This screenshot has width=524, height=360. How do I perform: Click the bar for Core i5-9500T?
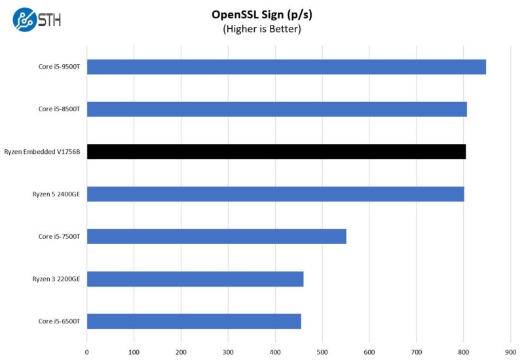pyautogui.click(x=286, y=67)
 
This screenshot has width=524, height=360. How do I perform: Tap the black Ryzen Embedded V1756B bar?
pyautogui.click(x=276, y=152)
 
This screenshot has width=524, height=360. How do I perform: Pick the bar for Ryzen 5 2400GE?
pyautogui.click(x=275, y=194)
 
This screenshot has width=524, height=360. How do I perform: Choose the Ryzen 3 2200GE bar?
pyautogui.click(x=195, y=279)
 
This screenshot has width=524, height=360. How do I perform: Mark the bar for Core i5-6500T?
pyautogui.click(x=193, y=321)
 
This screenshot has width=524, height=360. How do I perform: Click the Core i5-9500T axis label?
pyautogui.click(x=59, y=67)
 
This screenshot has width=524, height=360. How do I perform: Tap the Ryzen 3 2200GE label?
pyautogui.click(x=56, y=279)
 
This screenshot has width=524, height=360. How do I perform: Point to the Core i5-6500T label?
pyautogui.click(x=59, y=321)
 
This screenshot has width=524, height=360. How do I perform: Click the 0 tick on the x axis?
pyautogui.click(x=87, y=351)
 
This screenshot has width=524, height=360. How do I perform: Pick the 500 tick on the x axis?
pyautogui.click(x=322, y=351)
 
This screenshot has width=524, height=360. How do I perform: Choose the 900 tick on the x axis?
pyautogui.click(x=510, y=351)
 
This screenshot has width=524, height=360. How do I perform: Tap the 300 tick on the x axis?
pyautogui.click(x=228, y=351)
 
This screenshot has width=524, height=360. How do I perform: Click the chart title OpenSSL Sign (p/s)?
pyautogui.click(x=261, y=14)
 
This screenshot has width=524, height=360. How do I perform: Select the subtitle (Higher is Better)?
pyautogui.click(x=261, y=29)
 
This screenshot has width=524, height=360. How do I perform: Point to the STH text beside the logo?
pyautogui.click(x=50, y=20)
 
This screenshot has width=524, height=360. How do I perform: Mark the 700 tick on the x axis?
pyautogui.click(x=416, y=351)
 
